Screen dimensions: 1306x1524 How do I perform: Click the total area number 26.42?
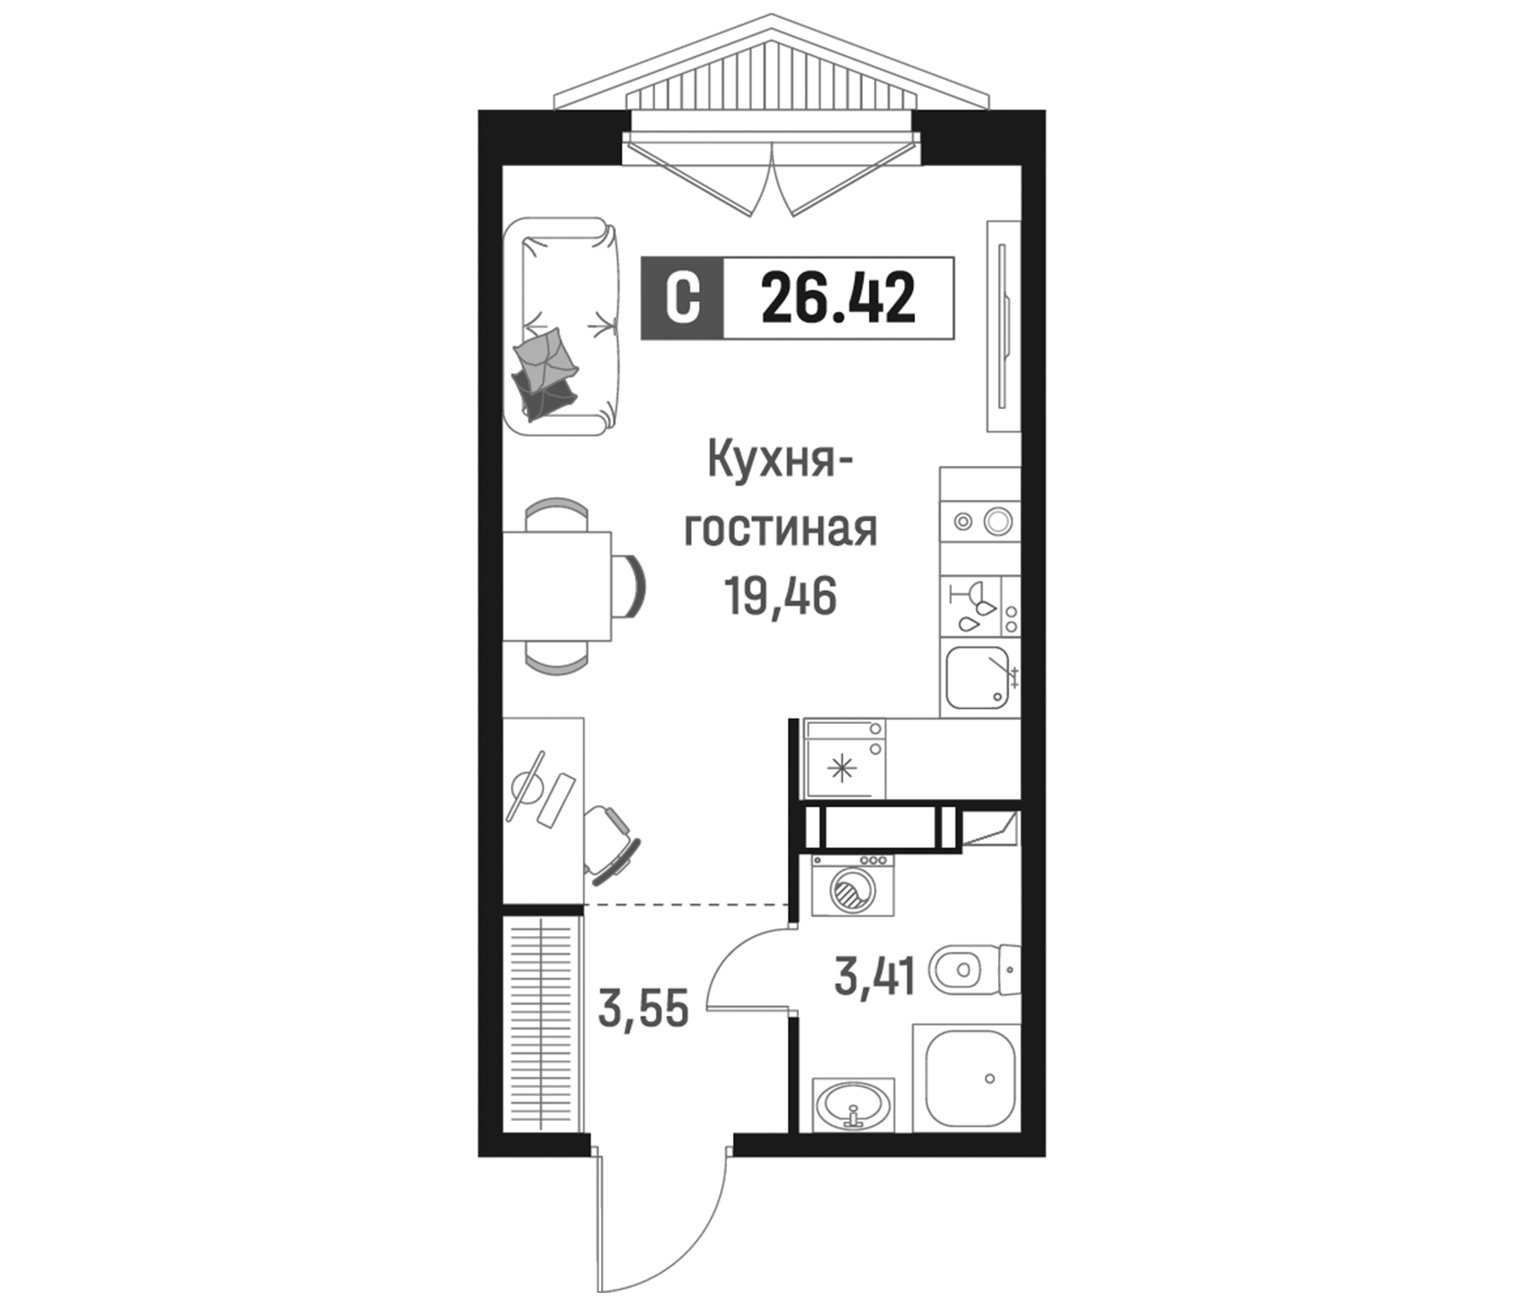pyautogui.click(x=838, y=297)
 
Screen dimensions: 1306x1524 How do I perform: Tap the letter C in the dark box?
pyautogui.click(x=682, y=297)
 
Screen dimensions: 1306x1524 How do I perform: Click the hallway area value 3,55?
pyautogui.click(x=644, y=1009)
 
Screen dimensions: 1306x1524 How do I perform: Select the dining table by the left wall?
pyautogui.click(x=557, y=586)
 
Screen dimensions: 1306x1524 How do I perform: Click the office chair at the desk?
pyautogui.click(x=610, y=842)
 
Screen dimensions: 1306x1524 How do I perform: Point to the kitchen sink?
pyautogui.click(x=977, y=677)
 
